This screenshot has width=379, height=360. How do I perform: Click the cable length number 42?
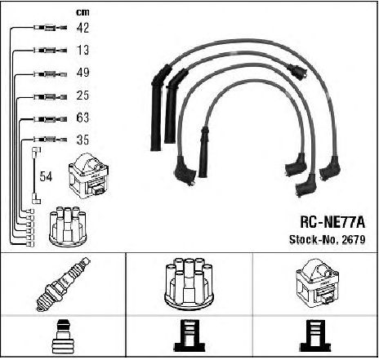(x=82, y=28)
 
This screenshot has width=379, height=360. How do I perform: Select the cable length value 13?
(x=82, y=50)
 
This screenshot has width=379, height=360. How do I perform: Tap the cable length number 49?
(x=82, y=73)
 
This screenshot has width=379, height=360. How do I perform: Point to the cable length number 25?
(x=82, y=96)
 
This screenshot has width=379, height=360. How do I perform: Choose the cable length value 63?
(x=82, y=118)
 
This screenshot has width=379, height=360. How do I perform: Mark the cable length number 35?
(x=82, y=140)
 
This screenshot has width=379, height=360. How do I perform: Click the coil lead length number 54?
(x=46, y=176)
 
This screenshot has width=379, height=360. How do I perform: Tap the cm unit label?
(x=82, y=12)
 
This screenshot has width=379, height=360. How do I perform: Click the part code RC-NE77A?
(x=332, y=222)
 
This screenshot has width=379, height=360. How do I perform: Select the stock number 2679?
(x=354, y=239)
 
